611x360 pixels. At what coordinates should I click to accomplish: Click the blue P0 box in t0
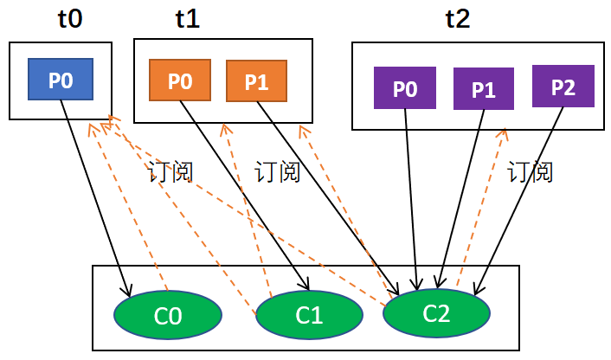(61, 80)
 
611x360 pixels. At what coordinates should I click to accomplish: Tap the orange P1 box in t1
(256, 81)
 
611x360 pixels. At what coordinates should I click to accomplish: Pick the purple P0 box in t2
(404, 88)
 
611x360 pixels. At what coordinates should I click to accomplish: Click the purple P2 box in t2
(563, 87)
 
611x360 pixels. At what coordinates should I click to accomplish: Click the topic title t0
(69, 19)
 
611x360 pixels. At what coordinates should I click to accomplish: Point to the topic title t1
(187, 19)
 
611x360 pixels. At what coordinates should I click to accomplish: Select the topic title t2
(457, 19)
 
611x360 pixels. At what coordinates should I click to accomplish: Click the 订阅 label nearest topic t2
(530, 172)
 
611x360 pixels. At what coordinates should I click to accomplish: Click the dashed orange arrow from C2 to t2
(481, 208)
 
